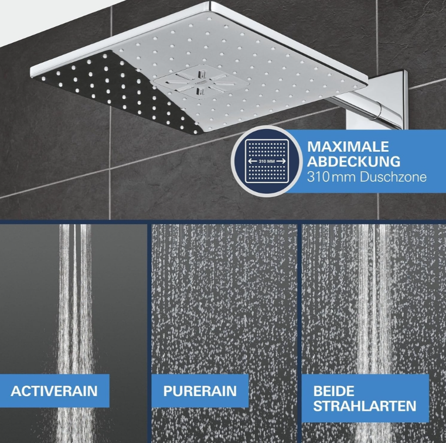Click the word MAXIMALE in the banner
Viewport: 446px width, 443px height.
click(348, 146)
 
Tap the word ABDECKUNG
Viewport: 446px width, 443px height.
click(353, 162)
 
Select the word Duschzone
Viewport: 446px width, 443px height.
click(393, 177)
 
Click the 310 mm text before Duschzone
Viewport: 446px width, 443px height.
click(331, 177)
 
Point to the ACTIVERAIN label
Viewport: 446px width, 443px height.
click(54, 391)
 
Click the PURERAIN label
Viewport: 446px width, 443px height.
click(200, 391)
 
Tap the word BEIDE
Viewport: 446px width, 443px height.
click(333, 391)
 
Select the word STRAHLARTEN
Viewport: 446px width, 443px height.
click(365, 405)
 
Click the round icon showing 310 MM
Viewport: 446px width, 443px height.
click(267, 161)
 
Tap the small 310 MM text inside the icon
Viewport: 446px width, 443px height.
click(267, 161)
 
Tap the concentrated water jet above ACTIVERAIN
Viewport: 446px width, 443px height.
click(75, 298)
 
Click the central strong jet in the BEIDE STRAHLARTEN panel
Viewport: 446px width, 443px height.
click(373, 298)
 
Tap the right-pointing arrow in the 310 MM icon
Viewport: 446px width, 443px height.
click(281, 161)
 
